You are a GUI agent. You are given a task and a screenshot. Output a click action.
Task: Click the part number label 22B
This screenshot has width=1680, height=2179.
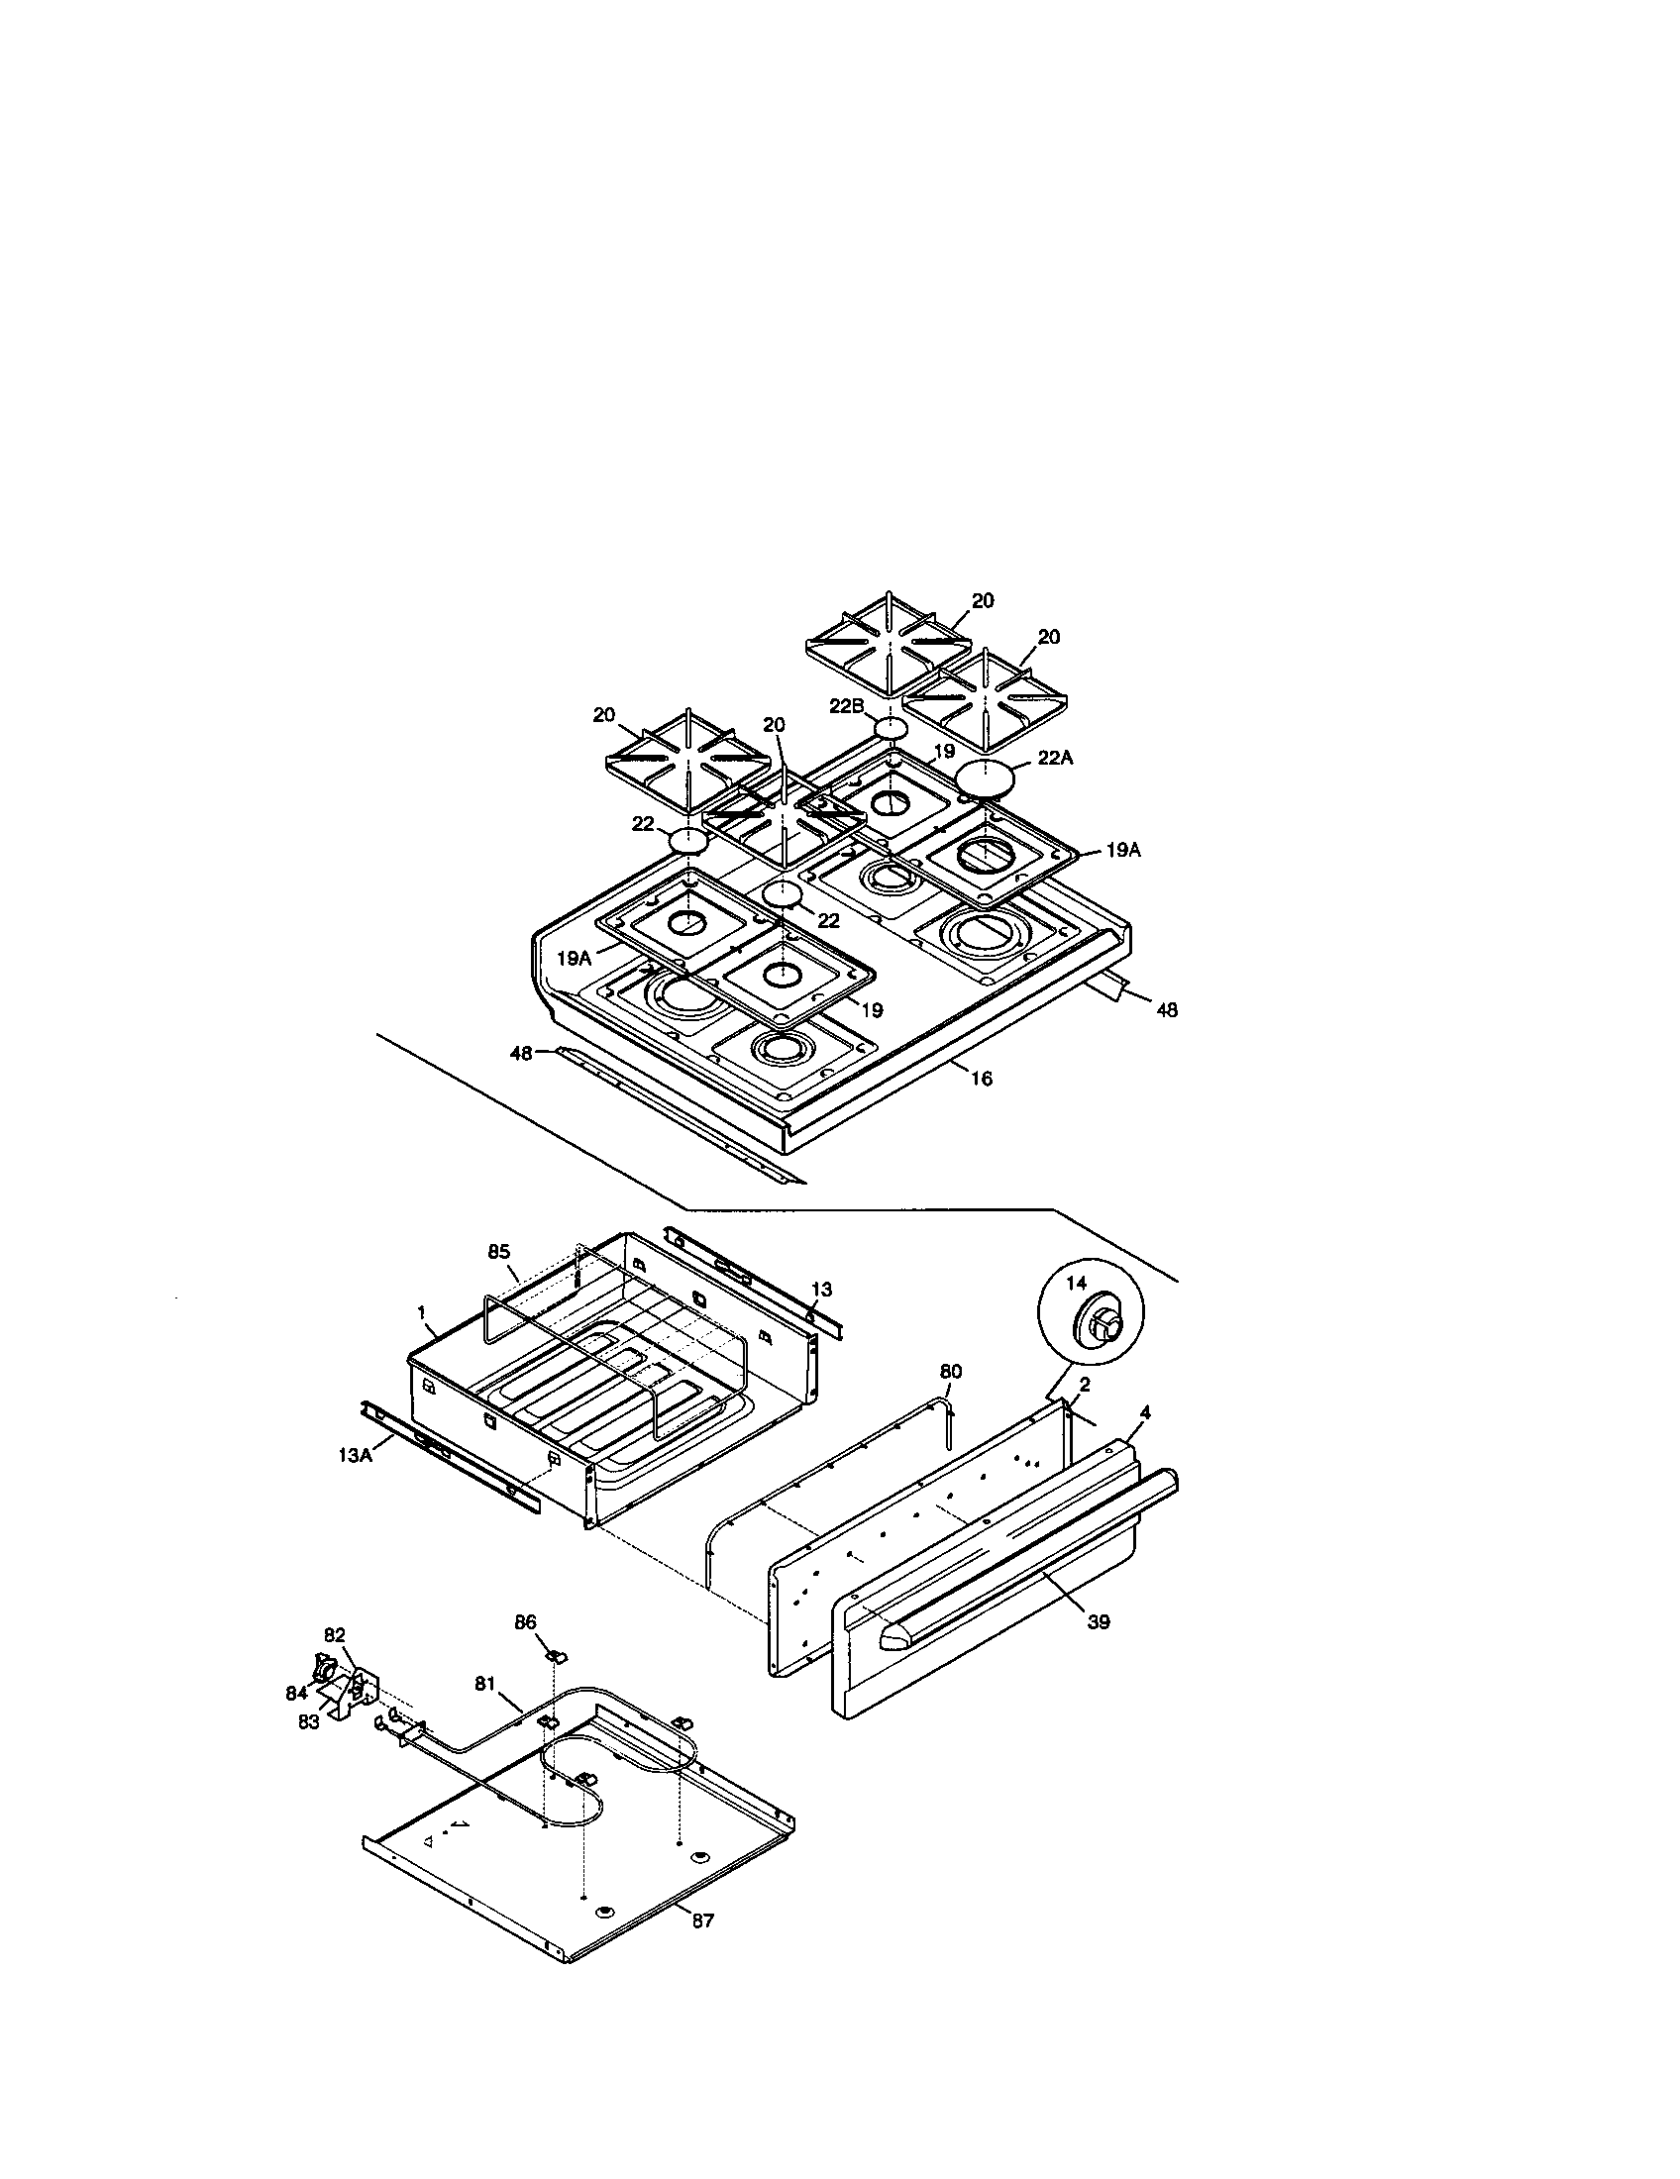[846, 705]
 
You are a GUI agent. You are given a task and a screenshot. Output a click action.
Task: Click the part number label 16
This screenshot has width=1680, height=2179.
[982, 1078]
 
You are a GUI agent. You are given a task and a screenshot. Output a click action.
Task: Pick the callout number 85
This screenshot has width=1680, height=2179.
[499, 1251]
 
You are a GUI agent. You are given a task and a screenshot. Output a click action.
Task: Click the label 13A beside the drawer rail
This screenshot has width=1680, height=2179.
[356, 1456]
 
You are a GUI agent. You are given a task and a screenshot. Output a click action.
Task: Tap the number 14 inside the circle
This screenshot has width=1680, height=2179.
[1076, 1283]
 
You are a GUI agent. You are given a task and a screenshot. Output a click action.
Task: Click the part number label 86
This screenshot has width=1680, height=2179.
[526, 1623]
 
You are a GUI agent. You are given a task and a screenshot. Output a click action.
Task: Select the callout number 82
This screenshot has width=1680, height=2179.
[334, 1662]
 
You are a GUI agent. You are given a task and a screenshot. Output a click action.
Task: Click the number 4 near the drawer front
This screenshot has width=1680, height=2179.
[1145, 1412]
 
